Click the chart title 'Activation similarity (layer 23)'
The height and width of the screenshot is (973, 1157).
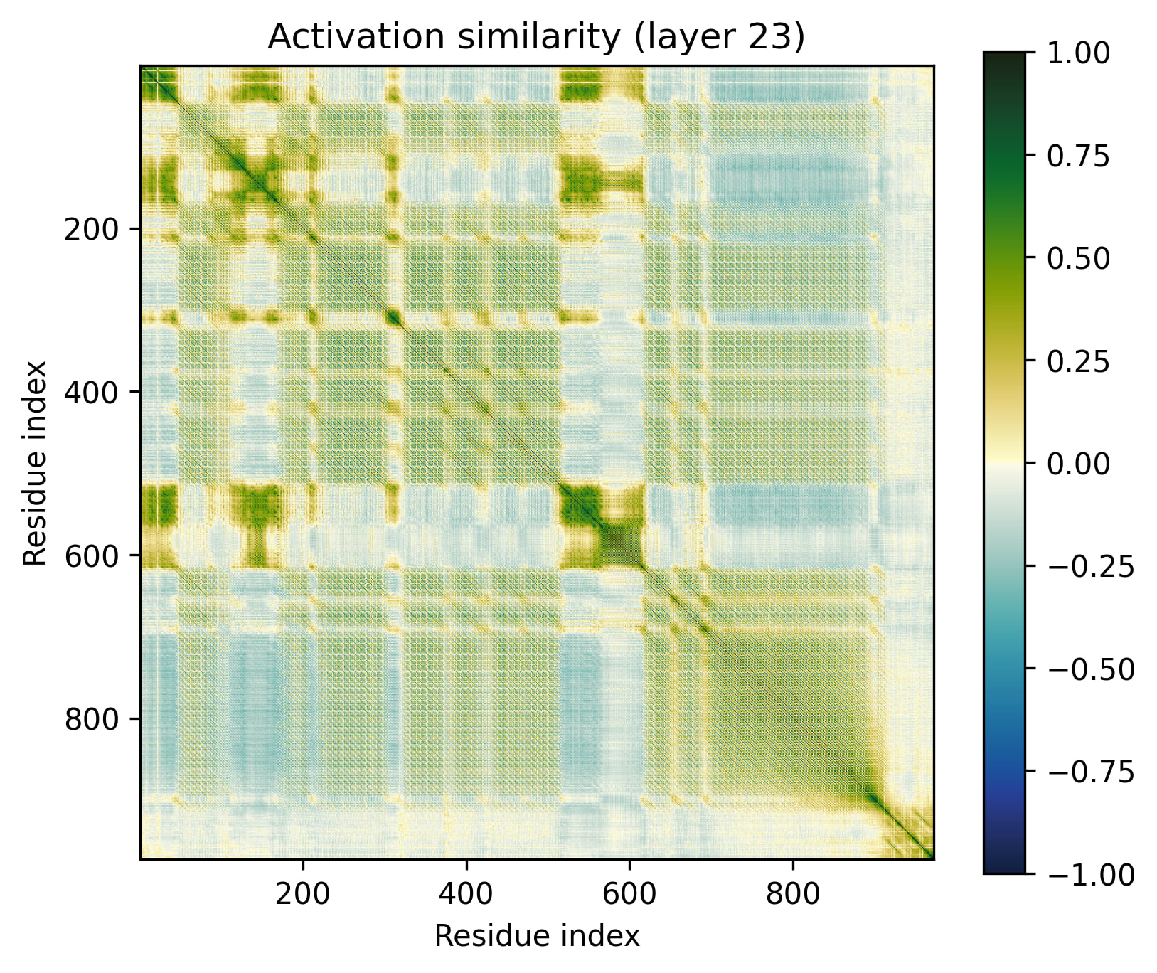pyautogui.click(x=536, y=37)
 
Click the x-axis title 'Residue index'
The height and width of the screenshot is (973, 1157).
pyautogui.click(x=536, y=936)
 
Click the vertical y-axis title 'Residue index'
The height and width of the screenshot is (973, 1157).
pyautogui.click(x=35, y=463)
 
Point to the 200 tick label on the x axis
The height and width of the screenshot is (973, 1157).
pyautogui.click(x=303, y=893)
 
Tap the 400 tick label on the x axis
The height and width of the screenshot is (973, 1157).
pyautogui.click(x=466, y=893)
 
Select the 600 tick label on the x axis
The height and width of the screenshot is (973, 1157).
pyautogui.click(x=629, y=893)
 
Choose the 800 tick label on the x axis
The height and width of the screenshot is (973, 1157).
pyautogui.click(x=793, y=893)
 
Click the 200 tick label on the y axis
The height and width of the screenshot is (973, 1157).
pyautogui.click(x=92, y=229)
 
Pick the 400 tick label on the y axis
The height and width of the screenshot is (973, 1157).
pyautogui.click(x=92, y=392)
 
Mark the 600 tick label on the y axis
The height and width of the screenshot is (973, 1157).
pyautogui.click(x=92, y=555)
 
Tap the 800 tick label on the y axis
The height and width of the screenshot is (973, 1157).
pyautogui.click(x=92, y=718)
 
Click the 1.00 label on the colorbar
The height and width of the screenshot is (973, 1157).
pyautogui.click(x=1078, y=53)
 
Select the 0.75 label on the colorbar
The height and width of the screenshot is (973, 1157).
pyautogui.click(x=1078, y=156)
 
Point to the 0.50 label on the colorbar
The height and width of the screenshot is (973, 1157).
pyautogui.click(x=1078, y=258)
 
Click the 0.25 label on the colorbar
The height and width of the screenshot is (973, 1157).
pyautogui.click(x=1078, y=361)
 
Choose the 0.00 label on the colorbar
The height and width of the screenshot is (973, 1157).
pyautogui.click(x=1078, y=464)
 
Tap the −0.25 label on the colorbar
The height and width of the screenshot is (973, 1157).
pyautogui.click(x=1090, y=566)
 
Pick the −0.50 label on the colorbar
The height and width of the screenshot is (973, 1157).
pyautogui.click(x=1090, y=669)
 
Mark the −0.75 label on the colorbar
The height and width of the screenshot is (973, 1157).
pyautogui.click(x=1090, y=772)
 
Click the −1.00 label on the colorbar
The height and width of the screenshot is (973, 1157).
pyautogui.click(x=1090, y=874)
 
